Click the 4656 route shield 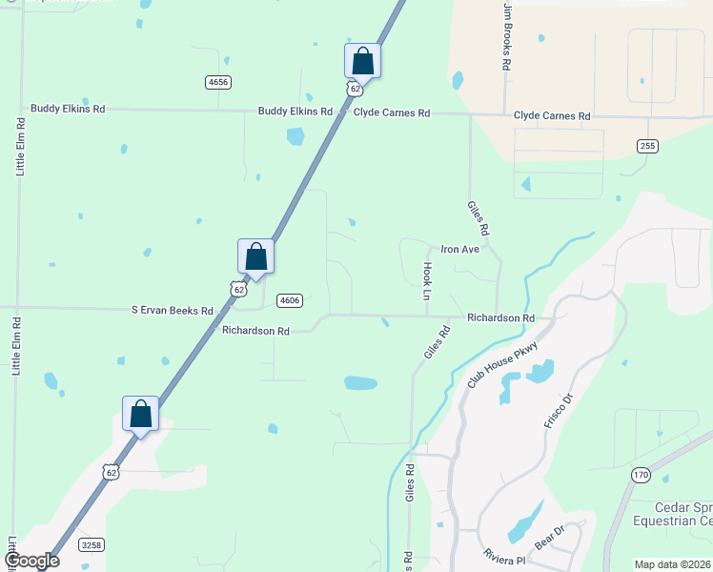(x=217, y=83)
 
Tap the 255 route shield (x=648, y=145)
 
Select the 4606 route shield (x=290, y=300)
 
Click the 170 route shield (x=641, y=474)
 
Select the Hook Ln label (x=427, y=281)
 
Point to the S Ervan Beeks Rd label (x=173, y=310)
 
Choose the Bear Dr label (x=550, y=536)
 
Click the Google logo (x=31, y=561)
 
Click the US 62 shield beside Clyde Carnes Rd (x=354, y=89)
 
